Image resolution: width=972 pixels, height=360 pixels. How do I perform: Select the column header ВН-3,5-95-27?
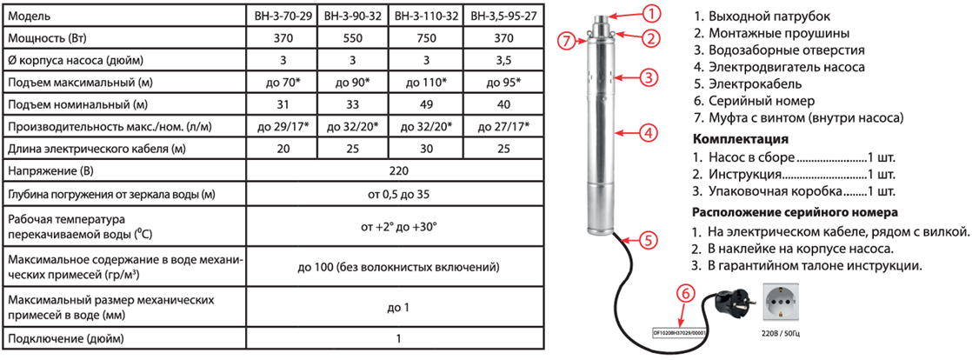pyautogui.click(x=504, y=14)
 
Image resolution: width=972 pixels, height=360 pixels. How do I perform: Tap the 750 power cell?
pyautogui.click(x=426, y=37)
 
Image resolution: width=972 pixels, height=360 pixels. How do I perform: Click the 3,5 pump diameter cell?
pyautogui.click(x=504, y=61)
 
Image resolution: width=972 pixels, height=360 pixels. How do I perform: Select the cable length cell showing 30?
pyautogui.click(x=426, y=149)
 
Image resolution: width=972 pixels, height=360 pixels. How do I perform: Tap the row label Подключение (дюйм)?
pyautogui.click(x=66, y=339)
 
